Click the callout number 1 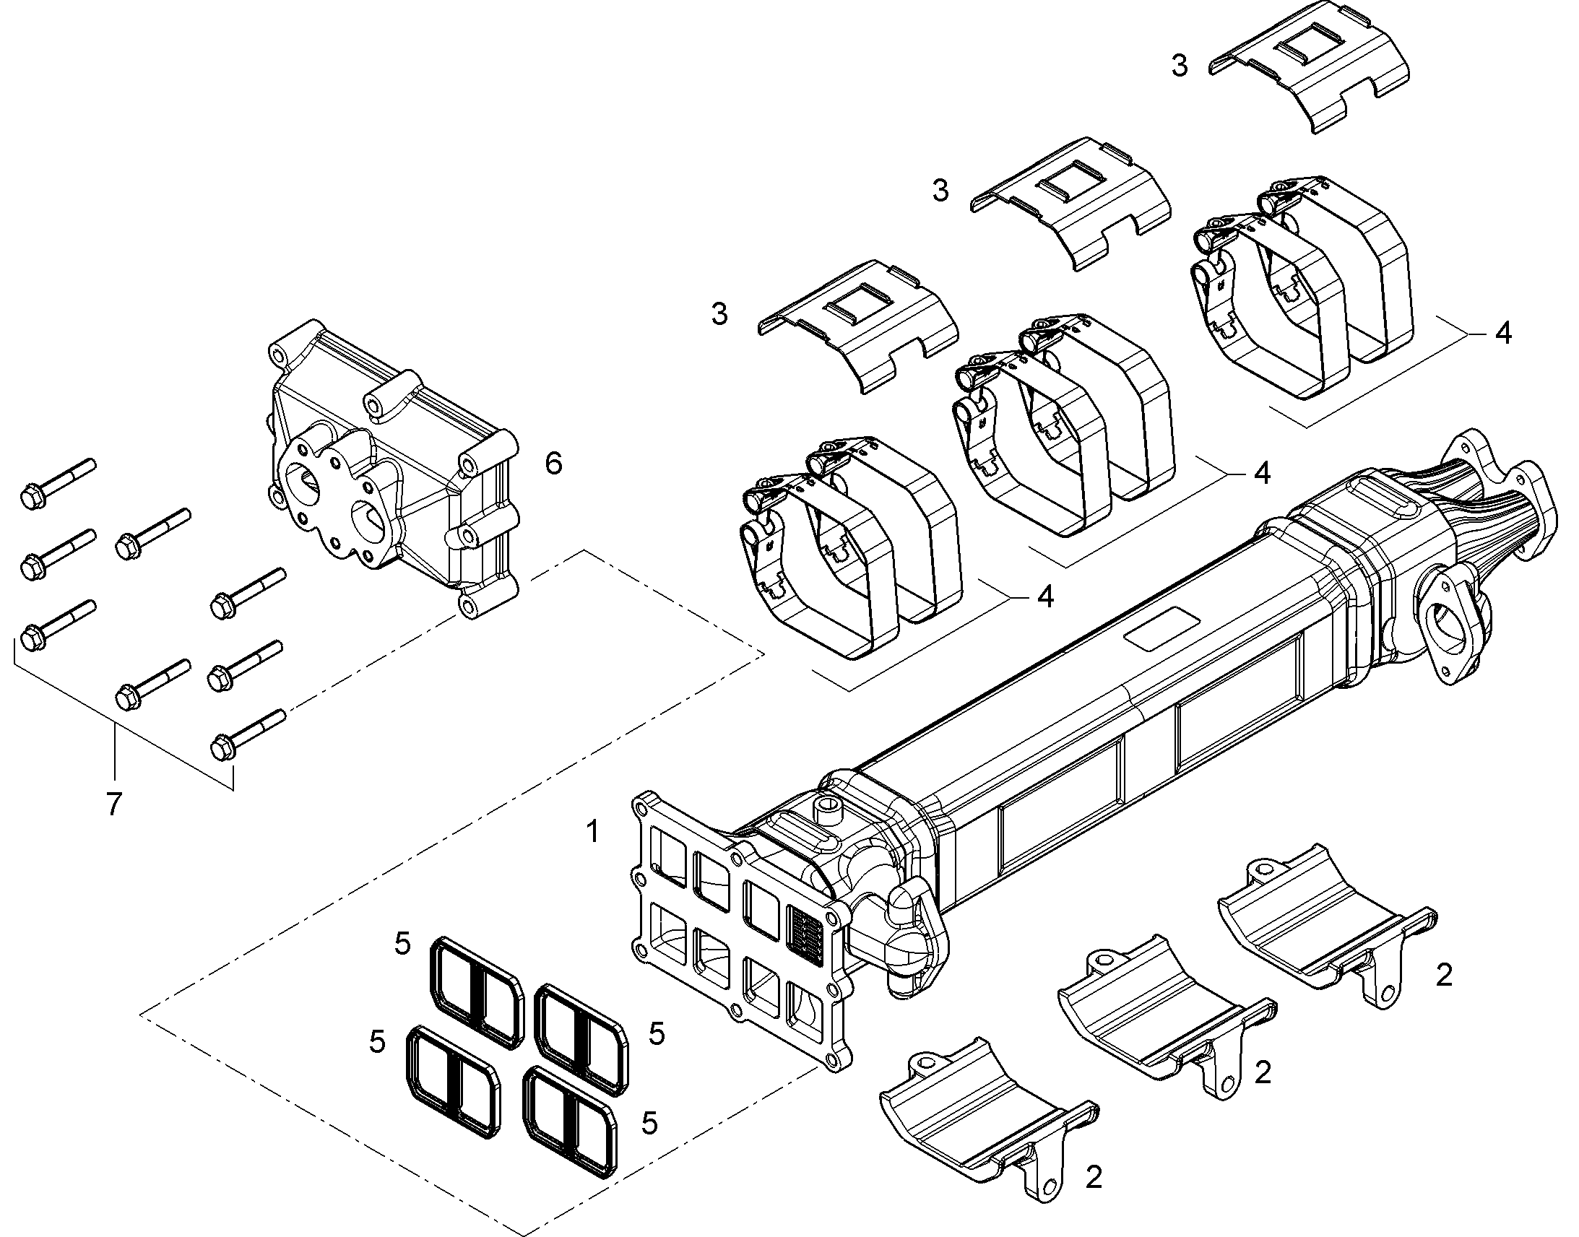(593, 831)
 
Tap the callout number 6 (553, 463)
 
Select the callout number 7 (113, 804)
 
